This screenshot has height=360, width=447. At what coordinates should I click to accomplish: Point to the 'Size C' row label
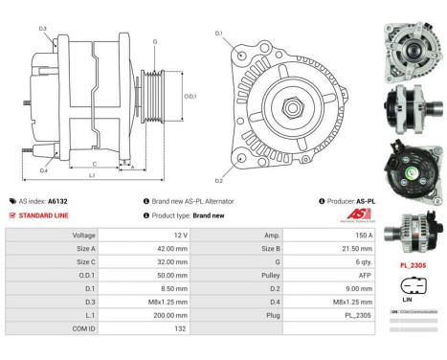coord(84,260)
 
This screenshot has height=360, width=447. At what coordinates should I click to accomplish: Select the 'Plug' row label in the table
coord(273,313)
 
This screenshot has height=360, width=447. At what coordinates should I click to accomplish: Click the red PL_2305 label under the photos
coord(413,264)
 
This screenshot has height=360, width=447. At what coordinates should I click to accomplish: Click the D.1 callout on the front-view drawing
coord(219,34)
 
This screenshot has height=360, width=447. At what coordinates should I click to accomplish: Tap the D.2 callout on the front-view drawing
coord(219,180)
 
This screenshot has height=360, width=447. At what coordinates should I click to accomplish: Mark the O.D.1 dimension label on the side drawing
coord(190,96)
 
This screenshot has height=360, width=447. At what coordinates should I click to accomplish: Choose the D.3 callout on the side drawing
coord(43,29)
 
